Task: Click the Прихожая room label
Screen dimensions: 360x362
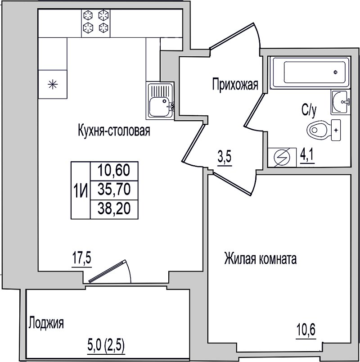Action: tap(235, 85)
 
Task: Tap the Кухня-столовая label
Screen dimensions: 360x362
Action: tap(114, 131)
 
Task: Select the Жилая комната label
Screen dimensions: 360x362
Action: tap(260, 258)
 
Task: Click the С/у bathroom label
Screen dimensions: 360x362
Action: tap(309, 111)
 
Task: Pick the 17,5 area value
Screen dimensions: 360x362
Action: tap(82, 259)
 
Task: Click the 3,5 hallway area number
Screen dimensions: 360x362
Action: tap(224, 158)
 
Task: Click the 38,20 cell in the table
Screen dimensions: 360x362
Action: tap(114, 208)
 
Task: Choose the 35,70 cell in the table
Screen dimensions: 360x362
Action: tap(114, 190)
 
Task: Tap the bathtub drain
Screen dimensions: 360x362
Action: tap(335, 72)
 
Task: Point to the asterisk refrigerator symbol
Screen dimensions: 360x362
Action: tap(52, 84)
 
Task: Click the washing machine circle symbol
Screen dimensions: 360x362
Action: tap(282, 157)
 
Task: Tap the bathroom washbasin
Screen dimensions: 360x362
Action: tap(340, 102)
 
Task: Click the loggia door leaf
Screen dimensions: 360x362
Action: tap(108, 271)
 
